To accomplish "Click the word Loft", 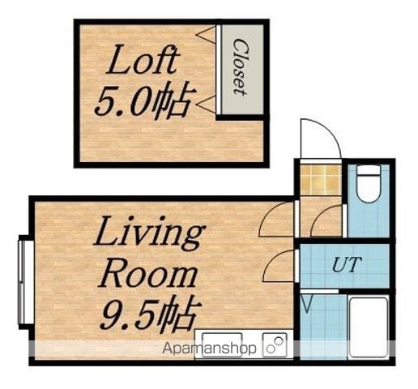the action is pos(143,60).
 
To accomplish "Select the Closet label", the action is pos(239,67).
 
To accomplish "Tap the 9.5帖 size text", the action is pos(151,314).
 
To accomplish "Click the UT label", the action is pos(347,265).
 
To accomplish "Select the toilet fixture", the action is pos(368,184).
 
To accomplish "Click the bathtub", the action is pos(369,327).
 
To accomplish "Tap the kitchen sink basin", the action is pos(222,344).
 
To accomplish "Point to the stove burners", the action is pos(275,345).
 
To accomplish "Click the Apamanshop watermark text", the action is pos(209,348).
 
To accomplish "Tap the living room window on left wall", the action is pos(25,282).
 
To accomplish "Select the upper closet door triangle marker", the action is pos(206,35).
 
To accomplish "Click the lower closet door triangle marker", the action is pos(206,104).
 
